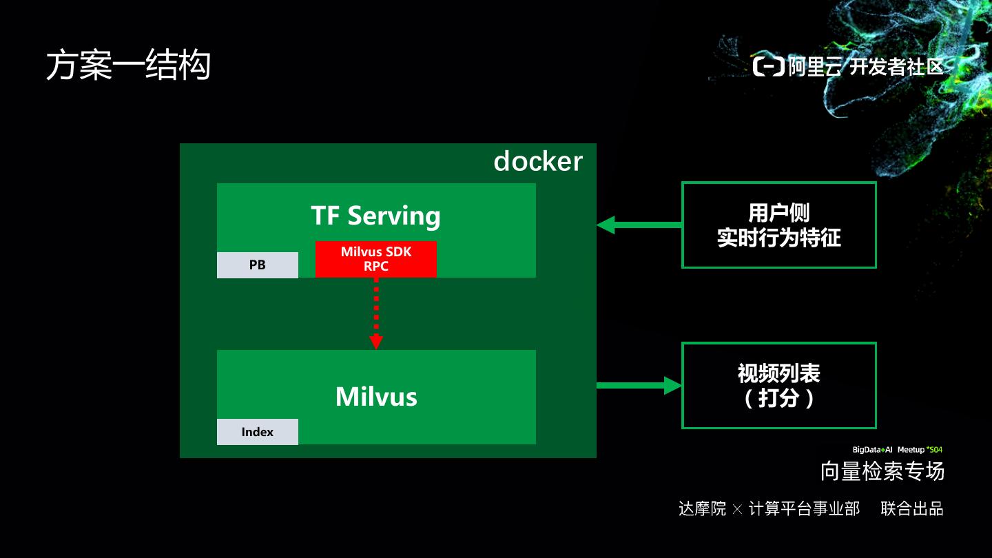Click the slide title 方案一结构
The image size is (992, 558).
[128, 65]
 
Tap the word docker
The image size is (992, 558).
[538, 161]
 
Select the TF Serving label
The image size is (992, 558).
[376, 216]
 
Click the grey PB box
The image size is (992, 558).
[258, 265]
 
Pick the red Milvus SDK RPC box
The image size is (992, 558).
[376, 259]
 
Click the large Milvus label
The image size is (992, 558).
[376, 396]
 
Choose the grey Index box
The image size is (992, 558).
[258, 432]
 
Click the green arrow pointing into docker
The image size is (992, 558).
[639, 225]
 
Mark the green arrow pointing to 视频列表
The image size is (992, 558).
[639, 385]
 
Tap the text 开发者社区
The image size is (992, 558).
[896, 66]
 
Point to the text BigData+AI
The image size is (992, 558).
[872, 450]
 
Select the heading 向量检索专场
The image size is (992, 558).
[882, 471]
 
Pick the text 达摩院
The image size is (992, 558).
[703, 508]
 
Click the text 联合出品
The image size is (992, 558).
[912, 508]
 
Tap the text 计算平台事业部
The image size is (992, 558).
[804, 508]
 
